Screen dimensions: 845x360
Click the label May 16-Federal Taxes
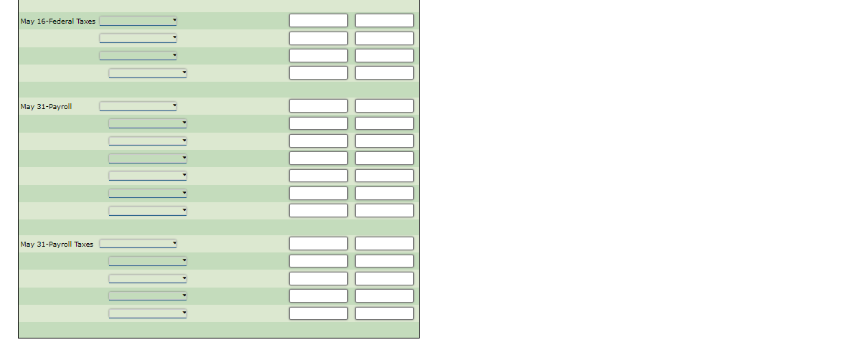(x=57, y=22)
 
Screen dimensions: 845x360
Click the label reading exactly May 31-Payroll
(x=46, y=107)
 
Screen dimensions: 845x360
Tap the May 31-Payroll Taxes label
(x=57, y=245)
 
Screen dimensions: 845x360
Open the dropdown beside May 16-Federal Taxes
(x=138, y=21)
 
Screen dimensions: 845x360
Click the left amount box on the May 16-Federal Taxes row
(x=318, y=21)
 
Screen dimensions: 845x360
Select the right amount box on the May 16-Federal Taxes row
(x=384, y=21)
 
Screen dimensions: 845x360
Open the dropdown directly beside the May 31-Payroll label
(x=138, y=106)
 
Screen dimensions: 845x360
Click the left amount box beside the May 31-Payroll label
(x=318, y=106)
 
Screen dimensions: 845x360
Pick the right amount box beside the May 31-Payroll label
(x=384, y=106)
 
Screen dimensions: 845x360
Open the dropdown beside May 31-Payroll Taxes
(x=138, y=244)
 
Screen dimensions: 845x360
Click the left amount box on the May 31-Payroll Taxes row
(x=318, y=244)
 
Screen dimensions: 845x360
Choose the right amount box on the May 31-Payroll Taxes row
(x=384, y=244)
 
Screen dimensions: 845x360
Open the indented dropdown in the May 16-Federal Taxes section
(x=148, y=72)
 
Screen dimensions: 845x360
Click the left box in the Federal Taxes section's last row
(x=318, y=72)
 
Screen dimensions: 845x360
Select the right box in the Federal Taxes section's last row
(x=384, y=72)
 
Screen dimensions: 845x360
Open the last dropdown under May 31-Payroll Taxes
(x=148, y=313)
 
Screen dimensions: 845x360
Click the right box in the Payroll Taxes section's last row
(x=384, y=313)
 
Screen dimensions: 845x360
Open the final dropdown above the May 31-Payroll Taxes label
(x=148, y=211)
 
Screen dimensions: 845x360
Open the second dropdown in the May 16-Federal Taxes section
(x=138, y=38)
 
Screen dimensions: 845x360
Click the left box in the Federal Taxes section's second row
(x=318, y=38)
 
